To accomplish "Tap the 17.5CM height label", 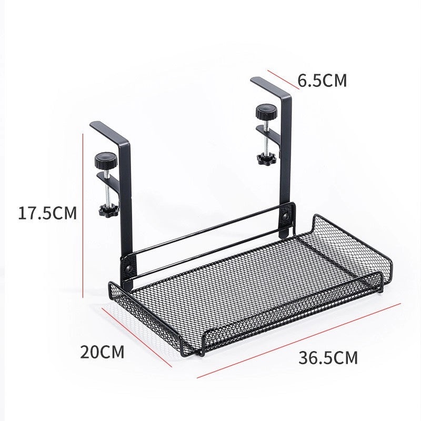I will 47,213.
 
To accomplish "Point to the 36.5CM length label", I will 328,358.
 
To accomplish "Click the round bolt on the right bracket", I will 286,216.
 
